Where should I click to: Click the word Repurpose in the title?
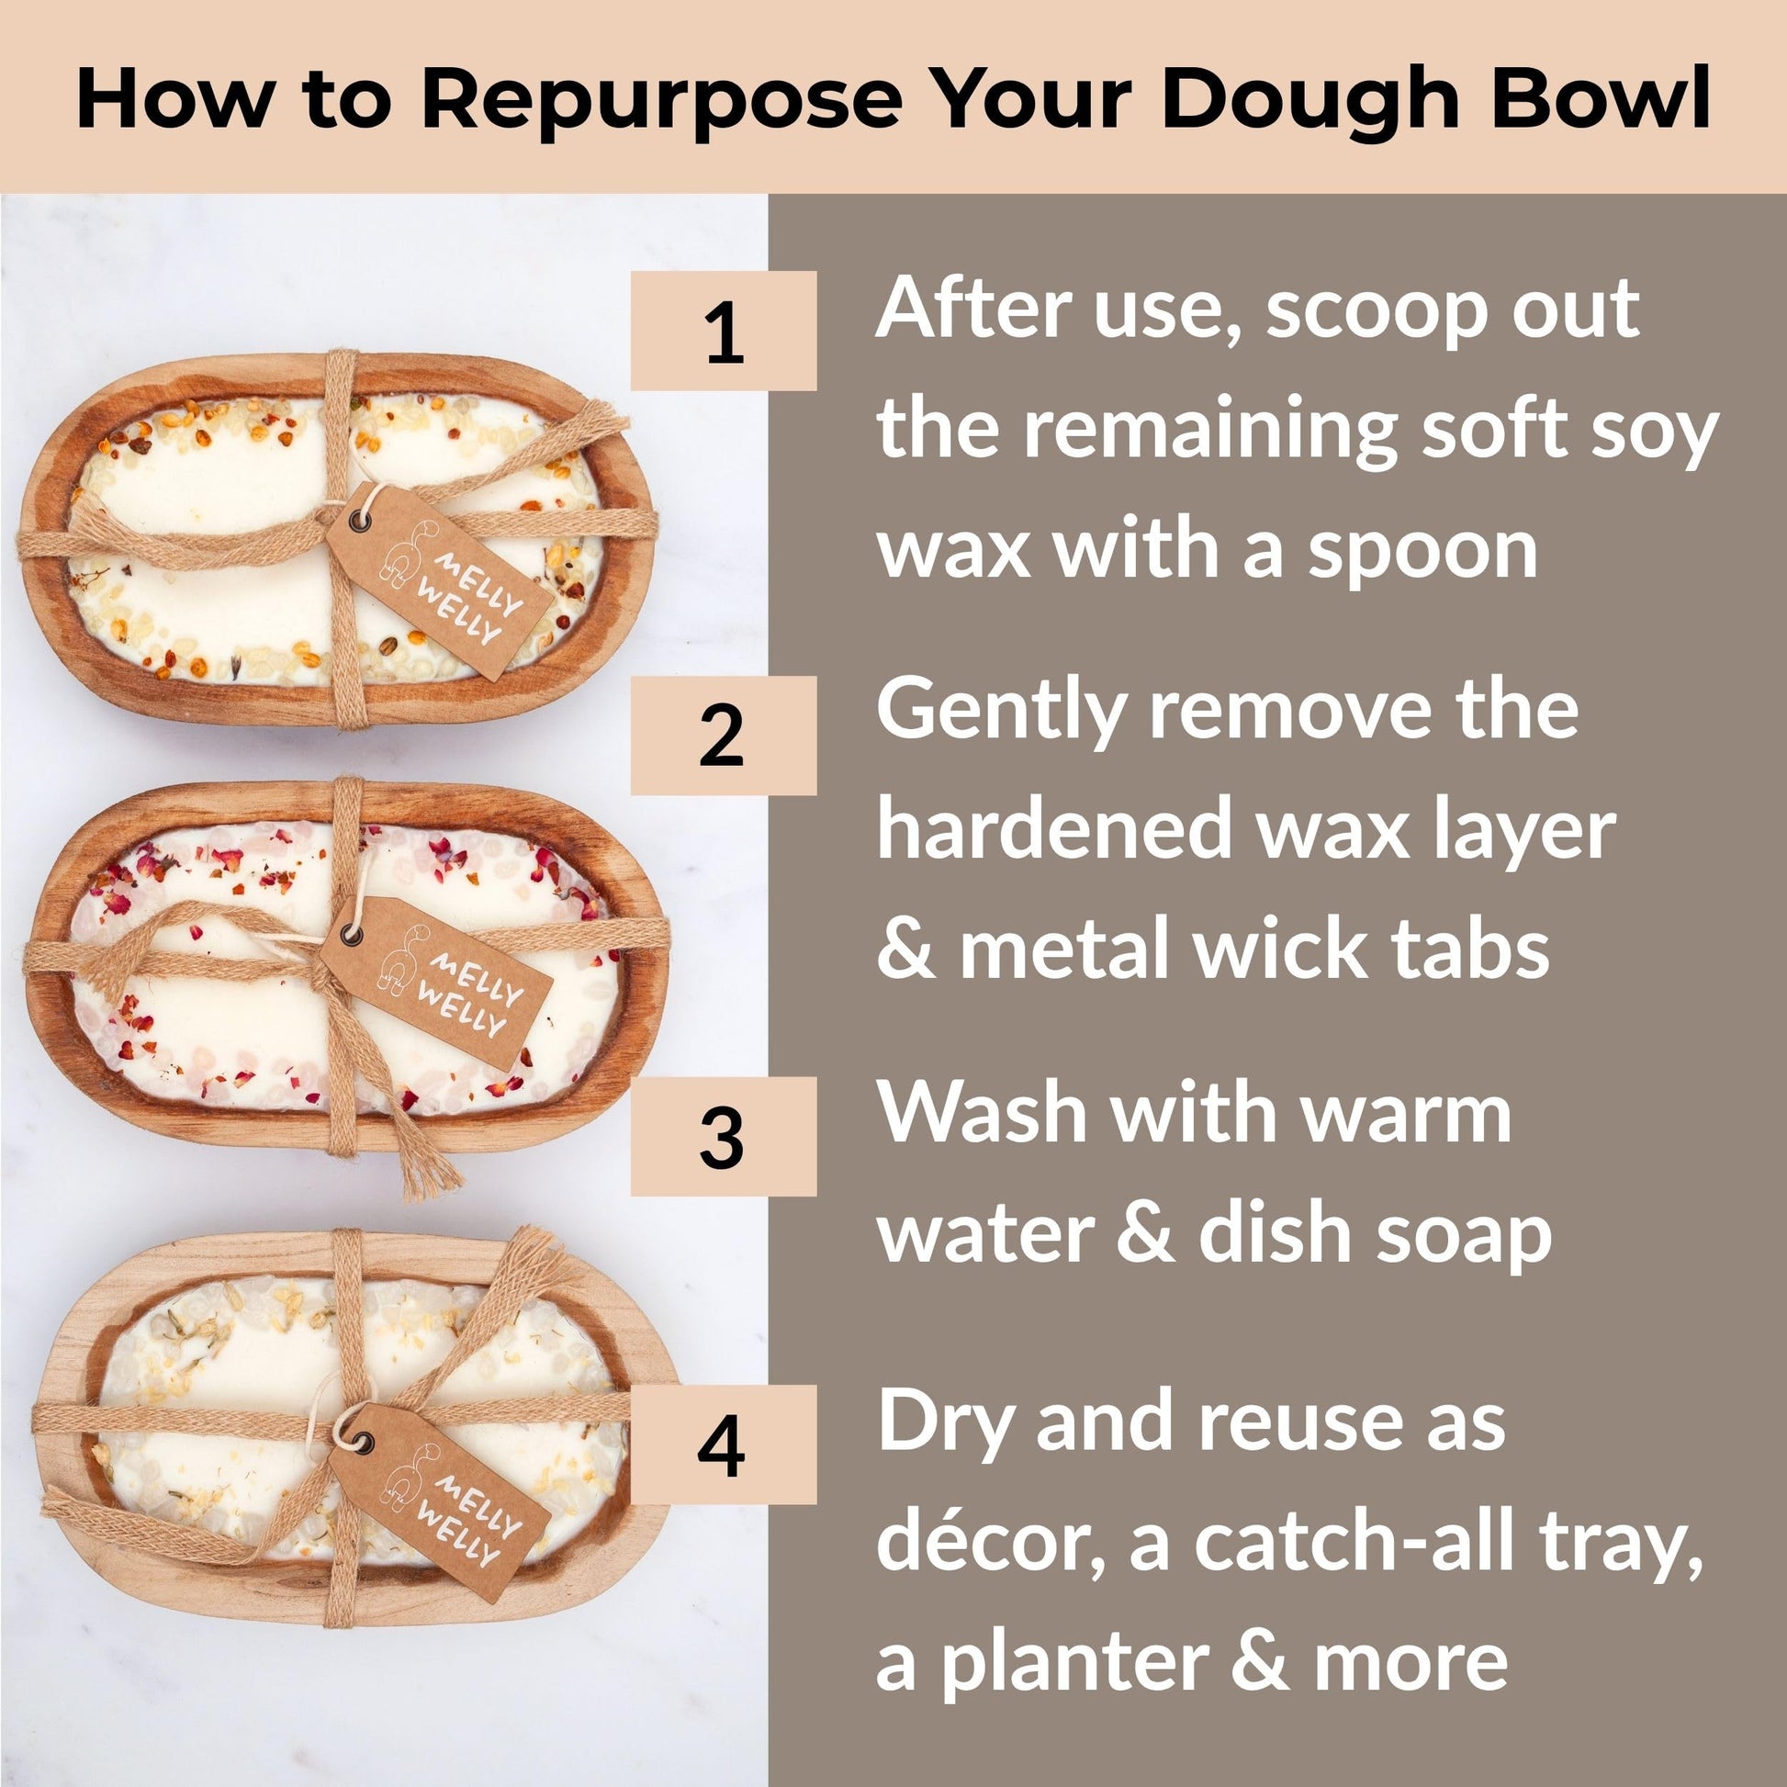[661, 100]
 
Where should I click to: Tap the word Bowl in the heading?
[1600, 96]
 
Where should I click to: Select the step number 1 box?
[724, 331]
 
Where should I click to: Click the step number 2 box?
[724, 736]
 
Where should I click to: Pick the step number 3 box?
[724, 1137]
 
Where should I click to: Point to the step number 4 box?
[724, 1444]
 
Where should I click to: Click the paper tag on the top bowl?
[438, 580]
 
